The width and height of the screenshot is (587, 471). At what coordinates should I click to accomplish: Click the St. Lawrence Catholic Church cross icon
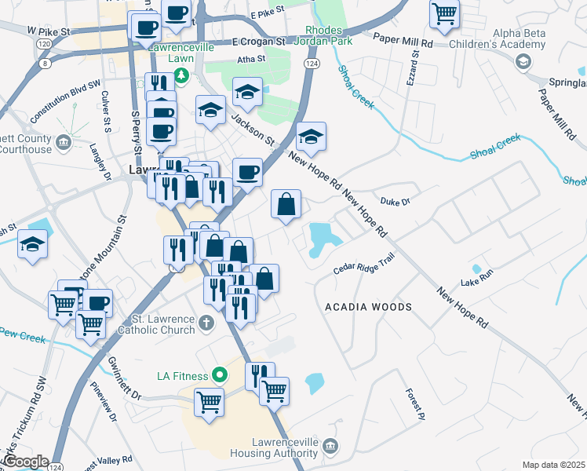coord(206,323)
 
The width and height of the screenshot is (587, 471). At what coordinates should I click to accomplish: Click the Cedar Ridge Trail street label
coord(362,268)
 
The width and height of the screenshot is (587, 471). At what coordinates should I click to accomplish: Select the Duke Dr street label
coord(396,202)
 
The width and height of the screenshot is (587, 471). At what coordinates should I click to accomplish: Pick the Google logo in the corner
coord(25,462)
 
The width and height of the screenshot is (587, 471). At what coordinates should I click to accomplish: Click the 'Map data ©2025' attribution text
coord(554,465)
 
